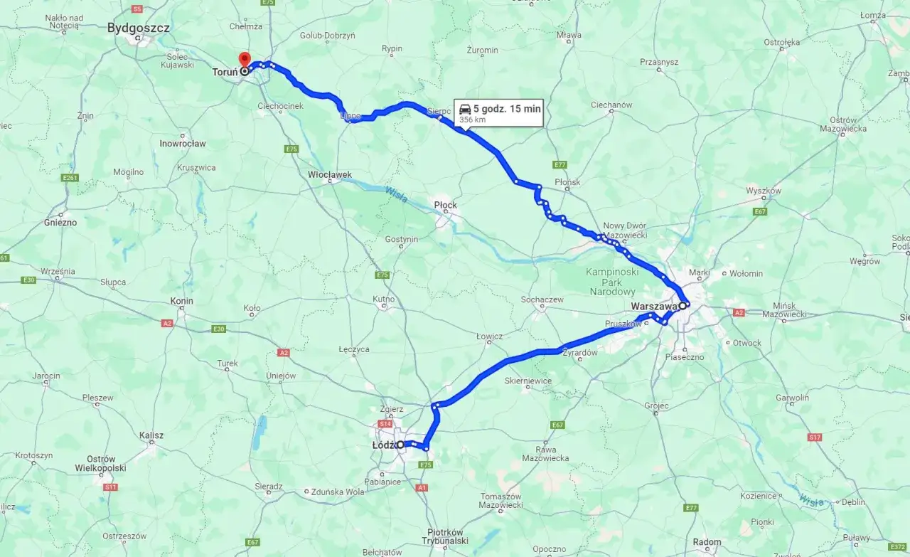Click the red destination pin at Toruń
point(244,60)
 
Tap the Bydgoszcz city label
point(138,28)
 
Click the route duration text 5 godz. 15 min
point(507,109)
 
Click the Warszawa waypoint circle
point(682,306)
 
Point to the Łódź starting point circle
point(400,445)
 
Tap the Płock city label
point(445,206)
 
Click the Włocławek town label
point(329,174)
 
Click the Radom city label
point(707,542)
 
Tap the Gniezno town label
point(60,222)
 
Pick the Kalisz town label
point(151,435)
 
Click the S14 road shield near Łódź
point(385,424)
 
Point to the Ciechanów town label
point(611,105)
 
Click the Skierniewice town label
point(528,381)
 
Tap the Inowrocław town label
point(182,143)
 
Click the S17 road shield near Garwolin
point(815,437)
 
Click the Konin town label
point(181,301)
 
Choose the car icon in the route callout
point(465,109)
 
